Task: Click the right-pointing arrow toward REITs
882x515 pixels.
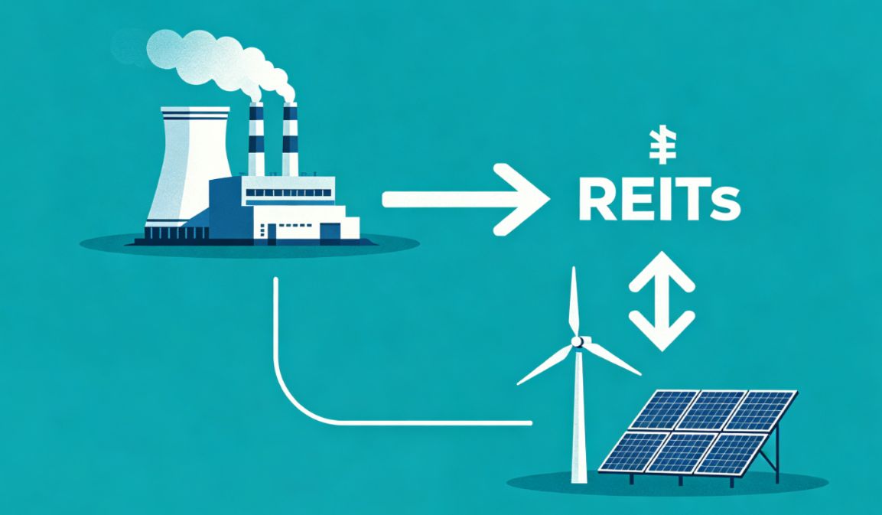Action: [x=466, y=199]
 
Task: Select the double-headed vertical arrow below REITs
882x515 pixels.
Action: [x=662, y=302]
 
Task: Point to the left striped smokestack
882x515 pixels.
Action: [x=256, y=139]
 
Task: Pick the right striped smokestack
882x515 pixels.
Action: [x=290, y=139]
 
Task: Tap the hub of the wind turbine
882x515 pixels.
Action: [x=577, y=341]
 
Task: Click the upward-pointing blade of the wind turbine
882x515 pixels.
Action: [x=574, y=302]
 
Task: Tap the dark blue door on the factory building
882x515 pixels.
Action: [x=330, y=231]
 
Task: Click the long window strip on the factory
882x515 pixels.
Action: [x=288, y=193]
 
